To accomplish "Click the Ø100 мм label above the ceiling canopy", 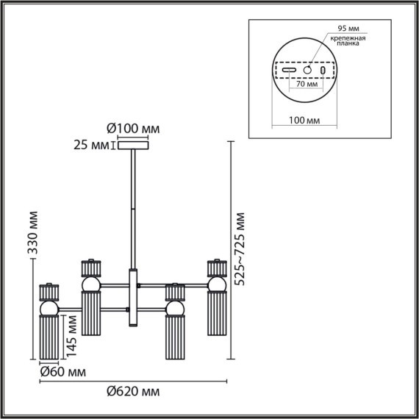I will pos(133,129).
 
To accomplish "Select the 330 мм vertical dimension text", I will pos(32,234).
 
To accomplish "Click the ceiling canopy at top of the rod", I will pos(133,146).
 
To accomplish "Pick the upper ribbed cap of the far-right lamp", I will pos(217,265).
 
